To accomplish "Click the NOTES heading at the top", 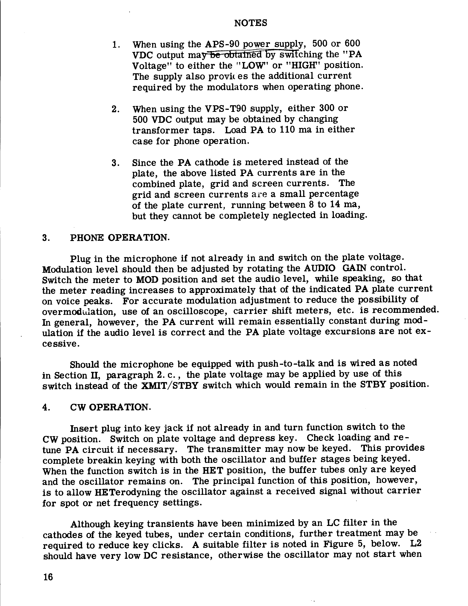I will pyautogui.click(x=251, y=23).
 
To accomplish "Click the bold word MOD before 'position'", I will pyautogui.click(x=148, y=279).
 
